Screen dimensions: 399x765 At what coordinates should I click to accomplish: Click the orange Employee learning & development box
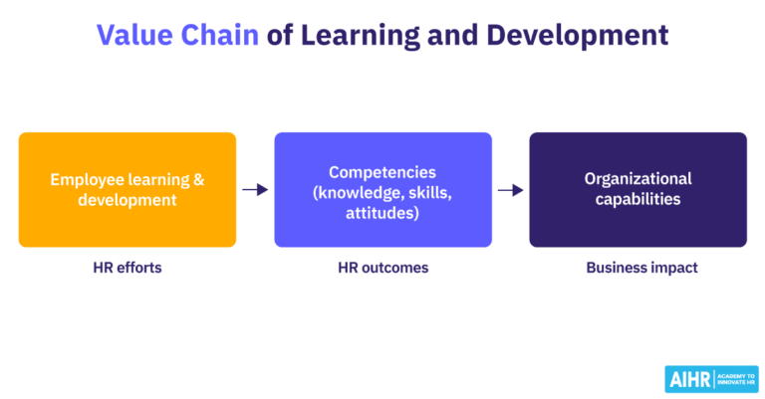coord(127,189)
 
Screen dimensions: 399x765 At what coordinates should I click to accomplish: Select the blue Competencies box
coord(382,189)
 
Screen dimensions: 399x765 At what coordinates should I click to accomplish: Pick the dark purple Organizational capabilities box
coord(637,189)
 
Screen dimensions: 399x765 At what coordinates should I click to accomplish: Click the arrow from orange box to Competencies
coord(255,190)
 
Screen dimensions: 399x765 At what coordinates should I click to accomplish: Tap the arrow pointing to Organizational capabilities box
coord(510,190)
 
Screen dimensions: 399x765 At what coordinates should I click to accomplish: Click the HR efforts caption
coord(127,268)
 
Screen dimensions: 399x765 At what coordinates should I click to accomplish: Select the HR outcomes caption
coord(382,268)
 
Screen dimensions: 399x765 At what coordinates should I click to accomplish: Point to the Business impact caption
coord(637,268)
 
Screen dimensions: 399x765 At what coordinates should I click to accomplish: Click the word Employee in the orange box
coord(85,180)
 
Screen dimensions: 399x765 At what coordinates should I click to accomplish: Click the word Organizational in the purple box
coord(637,179)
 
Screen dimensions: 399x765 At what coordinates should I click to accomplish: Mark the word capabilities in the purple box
coord(637,199)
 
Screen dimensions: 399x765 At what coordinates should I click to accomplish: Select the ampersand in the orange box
coord(198,180)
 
